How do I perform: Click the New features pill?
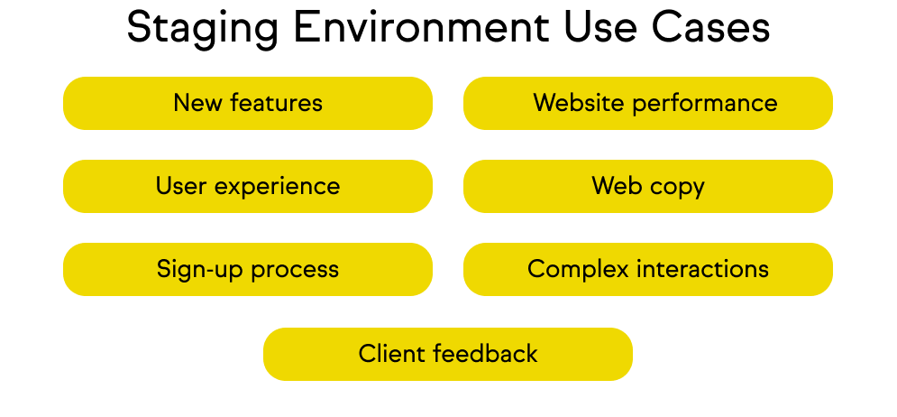[x=248, y=103]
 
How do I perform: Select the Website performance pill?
[x=647, y=103]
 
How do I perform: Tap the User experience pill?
[x=248, y=186]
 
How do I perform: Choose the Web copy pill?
[x=647, y=186]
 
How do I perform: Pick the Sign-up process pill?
[x=248, y=269]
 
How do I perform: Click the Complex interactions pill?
[x=647, y=269]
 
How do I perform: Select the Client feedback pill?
[x=448, y=354]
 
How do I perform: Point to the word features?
[x=276, y=103]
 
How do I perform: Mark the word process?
[x=295, y=270]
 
